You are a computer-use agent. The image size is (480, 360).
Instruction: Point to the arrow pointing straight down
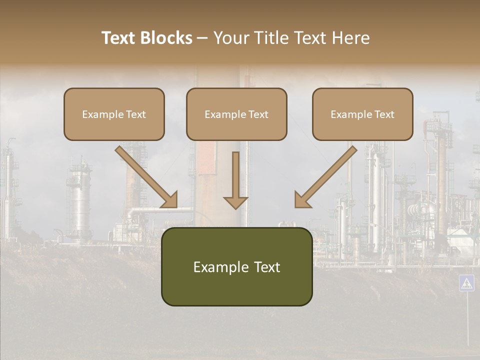pos(235,180)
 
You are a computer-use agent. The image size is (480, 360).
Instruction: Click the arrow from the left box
pos(145,175)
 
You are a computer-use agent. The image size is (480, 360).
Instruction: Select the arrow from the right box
pos(327,175)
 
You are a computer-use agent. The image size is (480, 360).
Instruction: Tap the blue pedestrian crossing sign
pos(466,283)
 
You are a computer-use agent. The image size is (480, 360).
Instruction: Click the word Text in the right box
pos(384,114)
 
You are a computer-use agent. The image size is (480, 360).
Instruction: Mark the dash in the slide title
pos(202,38)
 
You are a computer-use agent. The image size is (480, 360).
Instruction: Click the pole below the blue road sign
pos(467,320)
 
